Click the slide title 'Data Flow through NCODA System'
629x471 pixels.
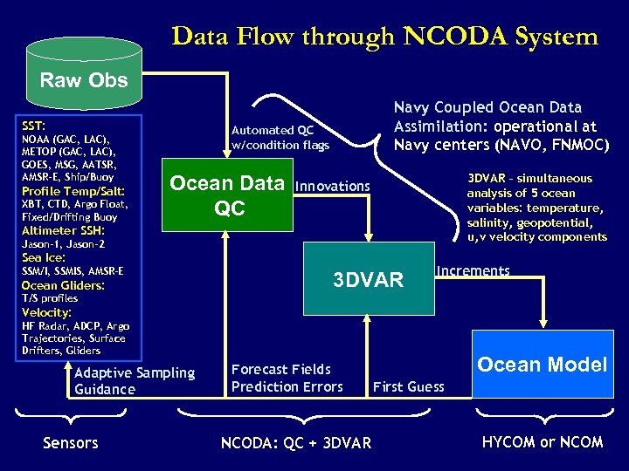[x=385, y=37]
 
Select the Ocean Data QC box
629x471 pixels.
[x=226, y=195]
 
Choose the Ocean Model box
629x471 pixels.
[x=541, y=365]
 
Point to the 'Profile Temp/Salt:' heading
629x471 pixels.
[x=73, y=191]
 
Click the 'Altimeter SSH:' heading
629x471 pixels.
[x=63, y=230]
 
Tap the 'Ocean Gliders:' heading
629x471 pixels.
[x=63, y=285]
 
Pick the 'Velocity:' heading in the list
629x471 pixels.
[x=47, y=312]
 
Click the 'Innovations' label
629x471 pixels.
[x=333, y=186]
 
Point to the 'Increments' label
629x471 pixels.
[x=473, y=270]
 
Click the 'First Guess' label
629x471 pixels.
[x=408, y=386]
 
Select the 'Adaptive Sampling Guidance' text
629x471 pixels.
[x=135, y=380]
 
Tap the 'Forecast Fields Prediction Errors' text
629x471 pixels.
[x=287, y=378]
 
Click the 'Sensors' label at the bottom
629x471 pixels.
[x=70, y=443]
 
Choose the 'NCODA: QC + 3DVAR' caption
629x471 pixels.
[x=295, y=443]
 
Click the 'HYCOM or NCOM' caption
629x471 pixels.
[x=543, y=441]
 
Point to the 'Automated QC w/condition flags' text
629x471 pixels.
[x=280, y=137]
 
